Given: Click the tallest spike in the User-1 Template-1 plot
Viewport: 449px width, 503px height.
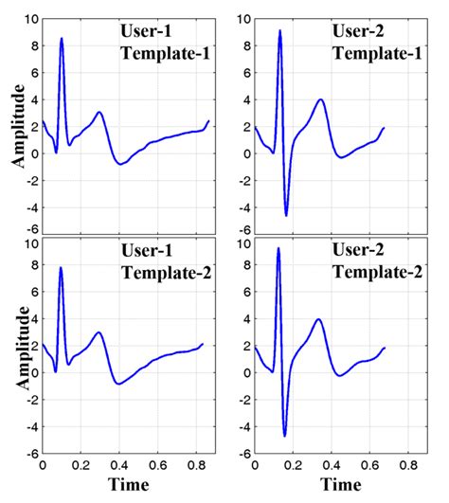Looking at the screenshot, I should tap(62, 40).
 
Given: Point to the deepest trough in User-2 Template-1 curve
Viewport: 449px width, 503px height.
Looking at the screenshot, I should tap(286, 215).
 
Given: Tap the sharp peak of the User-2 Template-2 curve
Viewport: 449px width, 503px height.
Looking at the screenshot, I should tap(278, 249).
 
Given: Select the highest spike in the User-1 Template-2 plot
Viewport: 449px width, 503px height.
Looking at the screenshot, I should tap(62, 268).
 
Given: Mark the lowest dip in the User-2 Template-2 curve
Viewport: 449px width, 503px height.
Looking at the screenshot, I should tap(284, 435).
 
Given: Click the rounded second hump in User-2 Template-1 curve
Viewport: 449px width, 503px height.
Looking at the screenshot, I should tap(321, 100).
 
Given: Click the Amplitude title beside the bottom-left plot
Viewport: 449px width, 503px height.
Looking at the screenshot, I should tap(17, 350).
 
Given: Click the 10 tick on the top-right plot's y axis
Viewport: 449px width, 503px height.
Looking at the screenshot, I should tap(244, 19).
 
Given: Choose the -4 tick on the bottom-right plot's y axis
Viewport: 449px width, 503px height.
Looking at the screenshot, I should tap(242, 428).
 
